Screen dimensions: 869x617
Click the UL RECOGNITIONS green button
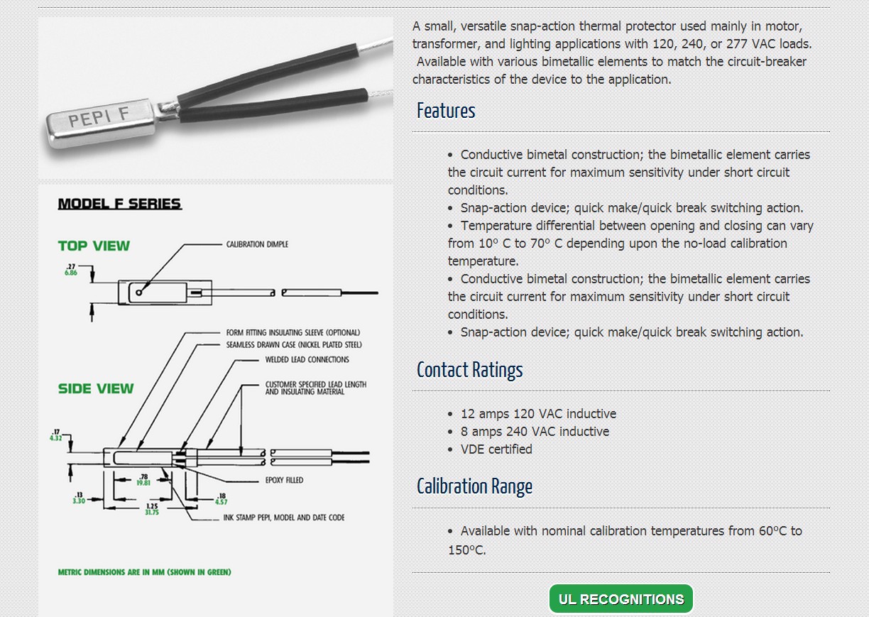[x=621, y=599]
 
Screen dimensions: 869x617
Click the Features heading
[x=446, y=111]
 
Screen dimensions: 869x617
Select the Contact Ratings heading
[x=469, y=370]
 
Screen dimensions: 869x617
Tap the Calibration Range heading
[x=474, y=486]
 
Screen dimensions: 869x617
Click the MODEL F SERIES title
[x=119, y=204]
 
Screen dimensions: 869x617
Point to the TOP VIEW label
[x=94, y=246]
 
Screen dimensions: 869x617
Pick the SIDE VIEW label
[x=96, y=388]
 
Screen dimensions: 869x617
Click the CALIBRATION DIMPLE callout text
[x=257, y=244]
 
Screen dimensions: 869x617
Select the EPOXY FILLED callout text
[x=284, y=480]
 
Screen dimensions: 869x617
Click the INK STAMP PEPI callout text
[x=283, y=518]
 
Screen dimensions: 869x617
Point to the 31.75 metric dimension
[x=151, y=512]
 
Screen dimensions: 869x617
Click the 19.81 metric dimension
[x=143, y=483]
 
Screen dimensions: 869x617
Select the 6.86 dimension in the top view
[x=71, y=273]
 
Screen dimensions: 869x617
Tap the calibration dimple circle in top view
[x=139, y=292]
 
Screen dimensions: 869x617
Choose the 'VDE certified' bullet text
[x=496, y=449]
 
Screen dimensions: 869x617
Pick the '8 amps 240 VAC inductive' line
[x=535, y=432]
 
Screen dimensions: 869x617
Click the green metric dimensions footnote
[x=144, y=572]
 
